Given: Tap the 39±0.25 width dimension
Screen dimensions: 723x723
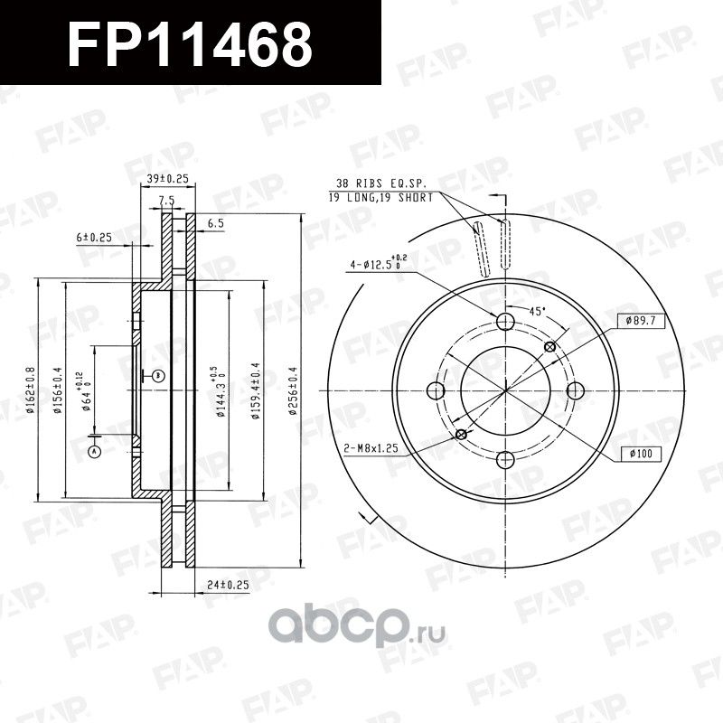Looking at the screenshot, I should pyautogui.click(x=166, y=180).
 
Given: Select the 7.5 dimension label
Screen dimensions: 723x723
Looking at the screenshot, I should pyautogui.click(x=166, y=201).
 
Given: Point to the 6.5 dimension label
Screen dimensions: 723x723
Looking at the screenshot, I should pyautogui.click(x=215, y=221).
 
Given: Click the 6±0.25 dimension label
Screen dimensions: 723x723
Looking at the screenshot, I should pyautogui.click(x=93, y=238).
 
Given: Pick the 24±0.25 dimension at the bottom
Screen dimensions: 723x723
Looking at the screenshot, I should pyautogui.click(x=227, y=585).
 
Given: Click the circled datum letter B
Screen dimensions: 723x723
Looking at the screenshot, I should pyautogui.click(x=157, y=374).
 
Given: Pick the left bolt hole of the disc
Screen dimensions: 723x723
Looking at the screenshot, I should pyautogui.click(x=436, y=390).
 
